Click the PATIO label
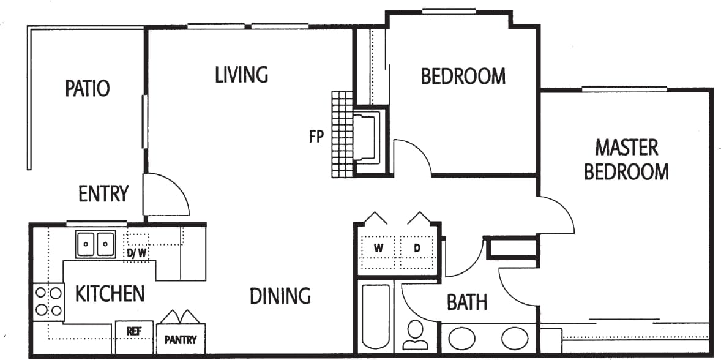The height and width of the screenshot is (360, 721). (88, 88)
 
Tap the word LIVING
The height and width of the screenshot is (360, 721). (242, 75)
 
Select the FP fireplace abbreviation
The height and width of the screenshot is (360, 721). (316, 137)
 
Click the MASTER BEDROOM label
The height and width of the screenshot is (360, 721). (626, 160)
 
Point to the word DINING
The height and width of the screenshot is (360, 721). (280, 296)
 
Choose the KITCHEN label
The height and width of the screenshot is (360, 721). (110, 294)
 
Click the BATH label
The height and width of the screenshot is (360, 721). (467, 302)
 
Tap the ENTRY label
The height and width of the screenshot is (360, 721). (103, 193)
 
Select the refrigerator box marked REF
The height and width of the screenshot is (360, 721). (135, 331)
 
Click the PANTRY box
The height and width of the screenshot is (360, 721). (181, 339)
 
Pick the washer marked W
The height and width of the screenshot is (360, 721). (379, 249)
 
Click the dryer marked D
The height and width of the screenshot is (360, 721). (417, 249)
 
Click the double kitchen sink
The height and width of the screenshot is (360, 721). (96, 244)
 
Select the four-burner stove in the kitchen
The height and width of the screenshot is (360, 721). (49, 302)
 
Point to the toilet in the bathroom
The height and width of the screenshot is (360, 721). (417, 334)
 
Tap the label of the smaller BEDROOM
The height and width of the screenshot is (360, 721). (463, 76)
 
